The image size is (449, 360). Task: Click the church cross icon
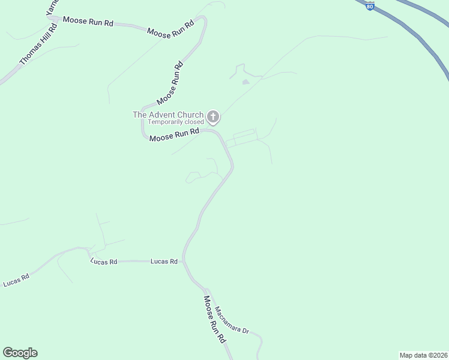point(213,116)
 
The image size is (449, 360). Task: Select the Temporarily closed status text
point(176,122)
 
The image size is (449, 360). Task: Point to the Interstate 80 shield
point(370,6)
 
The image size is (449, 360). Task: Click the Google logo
point(20,353)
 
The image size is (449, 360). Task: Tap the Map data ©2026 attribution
point(423,355)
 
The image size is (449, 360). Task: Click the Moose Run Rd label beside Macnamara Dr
point(214,319)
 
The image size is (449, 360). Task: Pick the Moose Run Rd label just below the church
point(173,136)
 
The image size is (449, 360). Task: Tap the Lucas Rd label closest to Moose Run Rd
point(164,261)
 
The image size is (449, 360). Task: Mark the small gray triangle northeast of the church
point(245,81)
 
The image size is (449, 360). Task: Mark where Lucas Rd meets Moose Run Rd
point(184,262)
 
